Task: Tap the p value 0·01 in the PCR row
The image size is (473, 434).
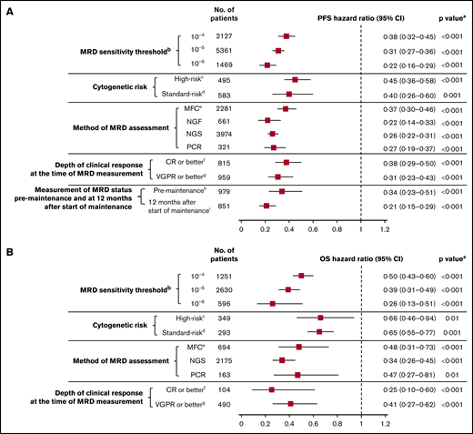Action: click(448, 374)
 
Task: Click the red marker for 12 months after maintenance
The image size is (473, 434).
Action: click(266, 206)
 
